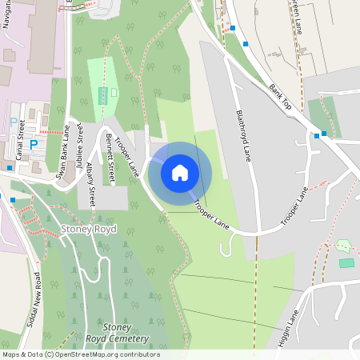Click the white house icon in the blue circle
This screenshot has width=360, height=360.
pos(180,172)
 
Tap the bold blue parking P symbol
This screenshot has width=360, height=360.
pos(34,145)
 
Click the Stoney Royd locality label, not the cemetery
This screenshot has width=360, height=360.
pos(89,230)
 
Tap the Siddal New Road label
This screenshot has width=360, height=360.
pos(38,293)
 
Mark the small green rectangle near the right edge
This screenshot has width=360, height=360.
pos(346,262)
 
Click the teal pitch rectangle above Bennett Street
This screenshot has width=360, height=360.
pos(102,95)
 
